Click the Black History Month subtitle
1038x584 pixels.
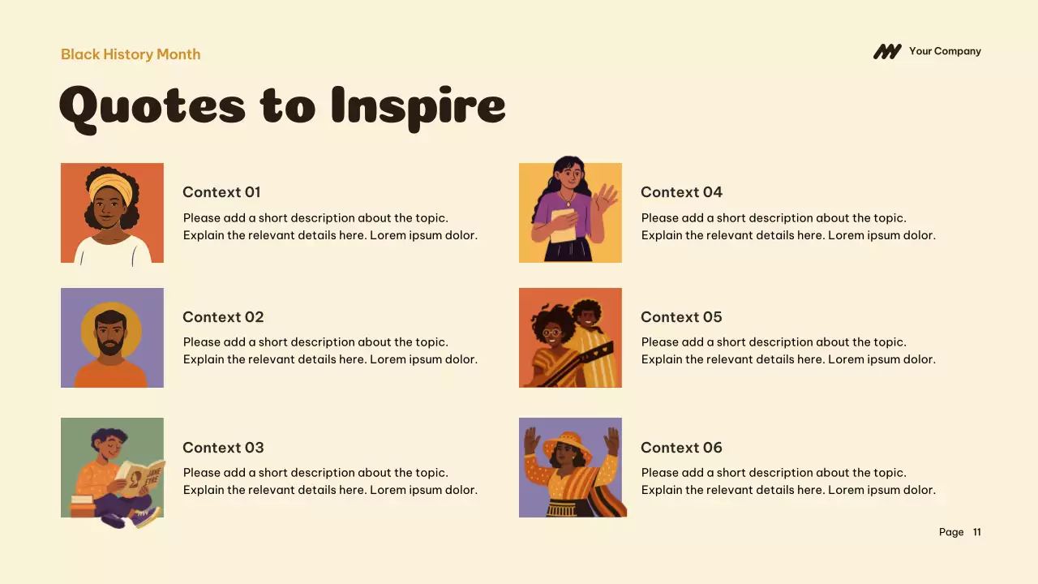coord(131,54)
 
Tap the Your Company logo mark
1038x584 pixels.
coord(886,52)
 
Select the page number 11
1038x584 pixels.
coord(977,532)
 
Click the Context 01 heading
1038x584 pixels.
coord(221,192)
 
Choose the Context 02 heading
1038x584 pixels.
coord(223,317)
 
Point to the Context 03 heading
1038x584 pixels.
coord(223,448)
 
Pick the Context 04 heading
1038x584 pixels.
coord(681,192)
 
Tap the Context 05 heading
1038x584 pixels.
coord(681,317)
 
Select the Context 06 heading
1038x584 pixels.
coord(681,448)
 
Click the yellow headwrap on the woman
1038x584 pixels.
coord(110,187)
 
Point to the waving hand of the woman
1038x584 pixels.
coord(605,197)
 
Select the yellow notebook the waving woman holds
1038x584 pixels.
coord(563,225)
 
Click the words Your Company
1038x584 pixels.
coord(945,51)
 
